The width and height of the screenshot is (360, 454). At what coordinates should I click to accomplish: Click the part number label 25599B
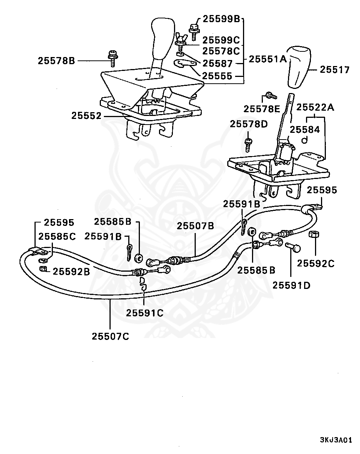222,19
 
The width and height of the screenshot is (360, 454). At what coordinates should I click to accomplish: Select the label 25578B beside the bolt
57,61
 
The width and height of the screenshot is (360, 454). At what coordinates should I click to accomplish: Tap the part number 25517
335,70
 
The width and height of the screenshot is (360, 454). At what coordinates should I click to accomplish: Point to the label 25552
87,116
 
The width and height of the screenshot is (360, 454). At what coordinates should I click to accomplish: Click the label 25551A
268,59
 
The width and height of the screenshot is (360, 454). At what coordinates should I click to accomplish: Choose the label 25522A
315,107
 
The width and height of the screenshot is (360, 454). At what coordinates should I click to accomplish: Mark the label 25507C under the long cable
110,336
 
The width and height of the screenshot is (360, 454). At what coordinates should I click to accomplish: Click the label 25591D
291,286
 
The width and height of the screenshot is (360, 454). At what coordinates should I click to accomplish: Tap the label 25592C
316,263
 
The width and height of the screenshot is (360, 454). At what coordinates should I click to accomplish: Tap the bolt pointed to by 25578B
113,59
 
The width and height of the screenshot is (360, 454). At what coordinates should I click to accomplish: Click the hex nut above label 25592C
314,234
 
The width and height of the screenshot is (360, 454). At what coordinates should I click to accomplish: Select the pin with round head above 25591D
293,247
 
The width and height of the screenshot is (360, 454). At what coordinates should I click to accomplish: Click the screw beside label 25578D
248,145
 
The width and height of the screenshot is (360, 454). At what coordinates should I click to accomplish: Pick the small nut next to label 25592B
43,269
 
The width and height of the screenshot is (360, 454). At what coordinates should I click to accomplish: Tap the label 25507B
195,226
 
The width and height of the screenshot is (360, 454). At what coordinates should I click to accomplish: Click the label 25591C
145,313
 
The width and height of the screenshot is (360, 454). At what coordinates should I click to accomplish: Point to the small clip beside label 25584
304,140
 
